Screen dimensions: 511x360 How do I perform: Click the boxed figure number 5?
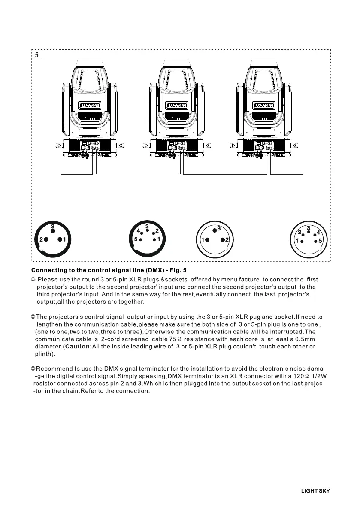click(x=37, y=55)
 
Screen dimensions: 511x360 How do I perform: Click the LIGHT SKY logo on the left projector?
click(x=90, y=105)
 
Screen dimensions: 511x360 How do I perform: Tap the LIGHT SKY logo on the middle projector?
click(x=177, y=105)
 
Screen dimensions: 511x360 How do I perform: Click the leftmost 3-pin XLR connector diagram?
click(x=52, y=239)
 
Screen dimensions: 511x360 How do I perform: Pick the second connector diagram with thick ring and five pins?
click(x=147, y=239)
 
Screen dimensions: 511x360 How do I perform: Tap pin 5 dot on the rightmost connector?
click(x=316, y=242)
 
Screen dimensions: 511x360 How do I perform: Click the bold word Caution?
click(x=79, y=346)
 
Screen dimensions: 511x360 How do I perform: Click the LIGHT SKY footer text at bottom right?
click(x=315, y=491)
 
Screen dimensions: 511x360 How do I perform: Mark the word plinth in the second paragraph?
click(x=44, y=354)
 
